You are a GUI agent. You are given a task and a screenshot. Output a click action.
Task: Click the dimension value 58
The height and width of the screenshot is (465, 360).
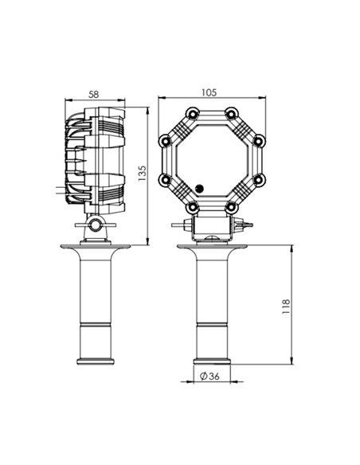pos(94,94)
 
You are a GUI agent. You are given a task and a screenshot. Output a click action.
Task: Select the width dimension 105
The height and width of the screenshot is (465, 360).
pos(209,92)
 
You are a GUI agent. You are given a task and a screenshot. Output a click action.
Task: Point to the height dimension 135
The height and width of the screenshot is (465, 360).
pos(143,171)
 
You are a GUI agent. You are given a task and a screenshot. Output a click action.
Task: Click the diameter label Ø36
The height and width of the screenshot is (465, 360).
pos(210,377)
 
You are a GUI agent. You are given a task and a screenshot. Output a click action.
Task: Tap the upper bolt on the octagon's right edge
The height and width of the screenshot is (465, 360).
pos(257,140)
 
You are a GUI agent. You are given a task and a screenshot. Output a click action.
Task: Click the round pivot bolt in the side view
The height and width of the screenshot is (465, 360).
pos(96,226)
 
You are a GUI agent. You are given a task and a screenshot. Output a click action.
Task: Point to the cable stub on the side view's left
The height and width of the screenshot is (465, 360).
pos(57,190)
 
